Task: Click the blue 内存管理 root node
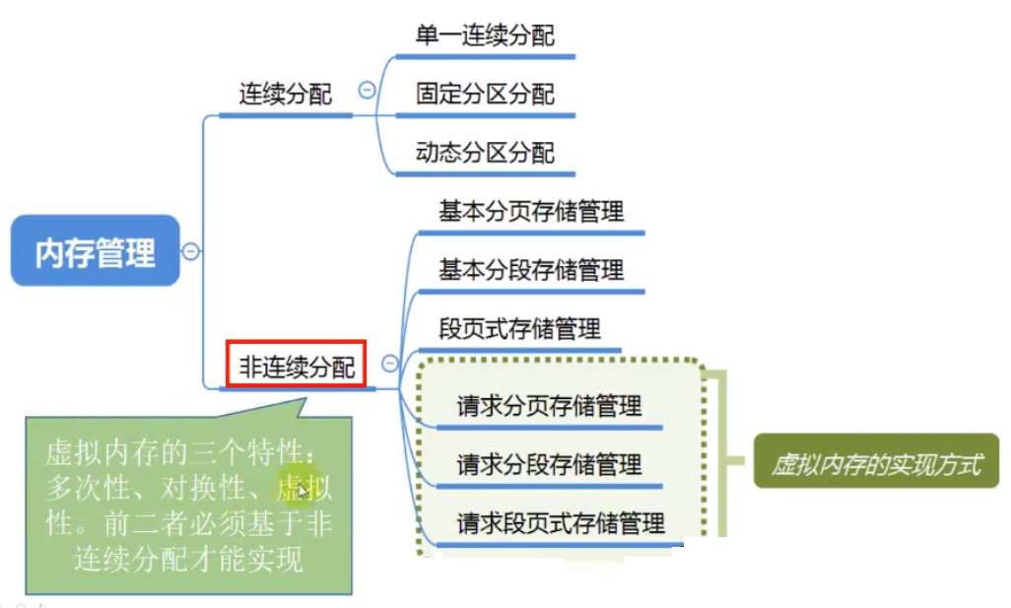[x=96, y=251]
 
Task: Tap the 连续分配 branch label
[x=285, y=95]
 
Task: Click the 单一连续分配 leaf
[x=485, y=36]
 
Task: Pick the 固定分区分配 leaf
[x=485, y=95]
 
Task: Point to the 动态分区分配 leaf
[x=485, y=153]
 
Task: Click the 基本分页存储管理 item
[x=531, y=212]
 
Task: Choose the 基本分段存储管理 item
[x=531, y=270]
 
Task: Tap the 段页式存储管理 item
[x=519, y=328]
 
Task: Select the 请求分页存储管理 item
[x=549, y=405]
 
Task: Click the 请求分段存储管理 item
[x=549, y=463]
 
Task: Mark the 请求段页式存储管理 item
[x=561, y=522]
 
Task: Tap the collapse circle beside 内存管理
[x=191, y=251]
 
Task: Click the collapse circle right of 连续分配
[x=367, y=91]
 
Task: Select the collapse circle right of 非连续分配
[x=390, y=364]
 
